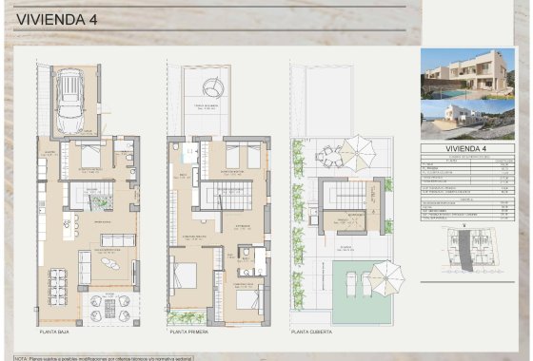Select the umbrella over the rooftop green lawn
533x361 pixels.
385,276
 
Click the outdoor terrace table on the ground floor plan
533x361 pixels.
115,308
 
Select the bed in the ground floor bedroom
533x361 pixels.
89,156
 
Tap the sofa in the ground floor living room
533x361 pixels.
118,239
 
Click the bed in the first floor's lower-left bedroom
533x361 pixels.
185,275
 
